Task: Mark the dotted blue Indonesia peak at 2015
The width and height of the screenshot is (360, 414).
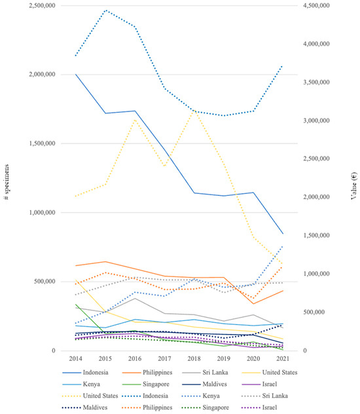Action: click(105, 10)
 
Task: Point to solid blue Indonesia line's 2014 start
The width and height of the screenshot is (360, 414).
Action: click(76, 75)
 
